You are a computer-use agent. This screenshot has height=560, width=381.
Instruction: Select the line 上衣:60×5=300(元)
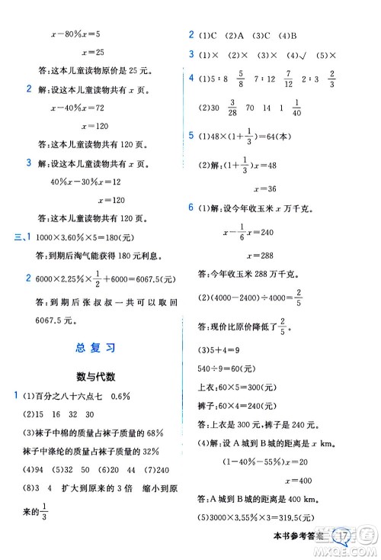coord(236,387)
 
